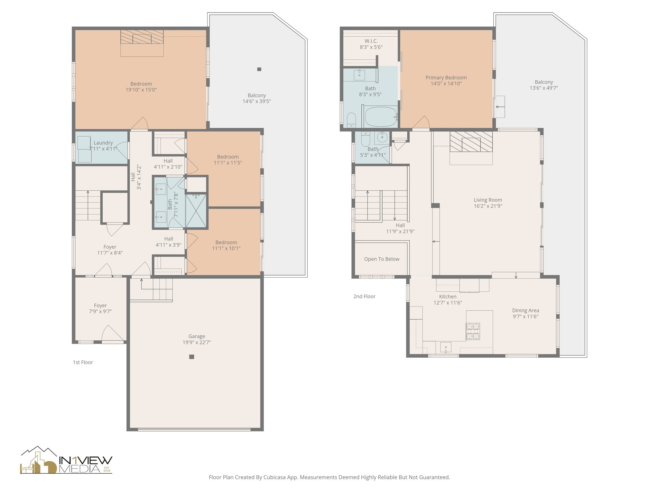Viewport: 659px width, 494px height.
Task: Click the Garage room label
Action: click(x=197, y=336)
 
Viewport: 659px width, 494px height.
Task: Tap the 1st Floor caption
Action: click(x=83, y=362)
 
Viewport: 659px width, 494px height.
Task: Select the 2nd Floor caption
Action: click(x=364, y=297)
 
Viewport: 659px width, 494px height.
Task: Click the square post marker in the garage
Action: click(x=191, y=357)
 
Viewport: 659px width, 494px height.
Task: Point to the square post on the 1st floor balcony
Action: click(x=259, y=69)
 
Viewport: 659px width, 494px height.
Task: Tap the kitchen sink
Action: click(x=446, y=347)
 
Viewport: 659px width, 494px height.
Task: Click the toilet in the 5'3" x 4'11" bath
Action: click(x=366, y=140)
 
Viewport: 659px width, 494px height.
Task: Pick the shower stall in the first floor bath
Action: click(x=197, y=211)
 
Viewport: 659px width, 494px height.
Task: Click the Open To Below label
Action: click(x=382, y=259)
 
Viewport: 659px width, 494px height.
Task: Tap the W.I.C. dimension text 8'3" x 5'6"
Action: click(x=371, y=47)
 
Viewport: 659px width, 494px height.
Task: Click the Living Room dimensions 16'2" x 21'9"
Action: click(x=488, y=206)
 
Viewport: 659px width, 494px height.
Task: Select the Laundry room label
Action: click(x=103, y=143)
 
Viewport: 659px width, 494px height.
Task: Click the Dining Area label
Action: click(x=525, y=311)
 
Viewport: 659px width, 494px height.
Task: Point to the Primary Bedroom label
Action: click(x=446, y=78)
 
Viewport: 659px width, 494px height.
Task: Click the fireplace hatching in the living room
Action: click(x=471, y=142)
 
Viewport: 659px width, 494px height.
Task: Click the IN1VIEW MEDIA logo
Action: click(x=66, y=461)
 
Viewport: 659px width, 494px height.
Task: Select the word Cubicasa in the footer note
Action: click(x=275, y=478)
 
